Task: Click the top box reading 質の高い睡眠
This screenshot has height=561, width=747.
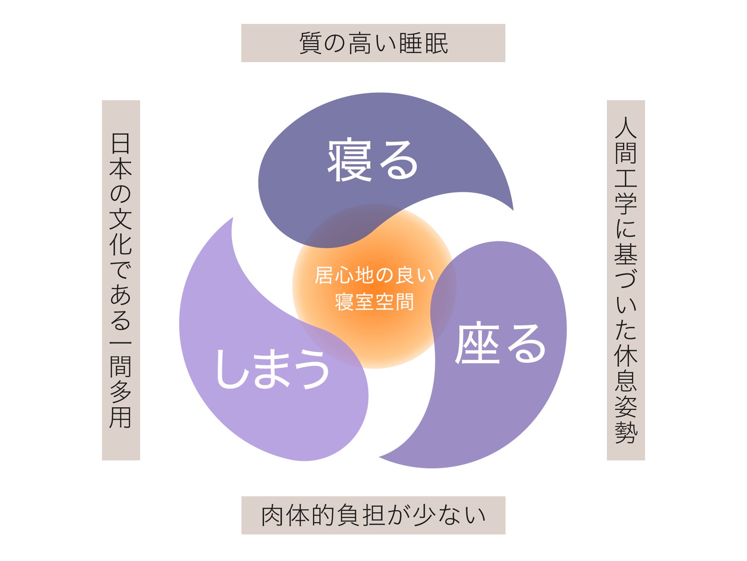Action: [x=373, y=43]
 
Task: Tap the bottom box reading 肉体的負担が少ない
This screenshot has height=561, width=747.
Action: [x=373, y=515]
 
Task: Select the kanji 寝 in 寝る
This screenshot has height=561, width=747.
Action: [x=349, y=160]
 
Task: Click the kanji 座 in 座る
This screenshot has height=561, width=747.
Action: [x=477, y=343]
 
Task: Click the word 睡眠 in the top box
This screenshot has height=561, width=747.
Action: [x=424, y=43]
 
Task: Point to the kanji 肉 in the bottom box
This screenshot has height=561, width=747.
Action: [x=273, y=515]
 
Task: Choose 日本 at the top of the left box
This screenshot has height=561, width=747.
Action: [x=121, y=156]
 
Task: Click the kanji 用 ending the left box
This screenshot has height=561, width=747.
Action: [x=121, y=417]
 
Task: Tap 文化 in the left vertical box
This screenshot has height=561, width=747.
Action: [x=121, y=233]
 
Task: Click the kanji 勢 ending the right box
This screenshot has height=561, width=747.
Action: [x=626, y=432]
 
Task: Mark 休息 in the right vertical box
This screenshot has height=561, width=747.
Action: [x=626, y=367]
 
